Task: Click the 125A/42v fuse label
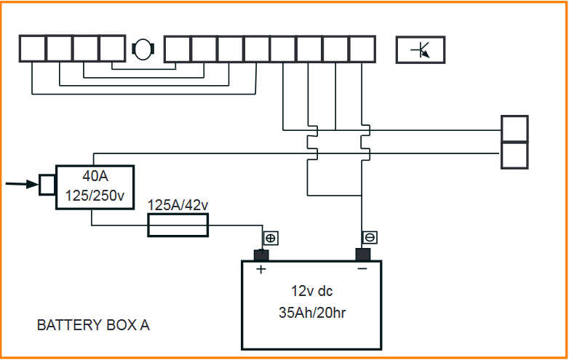point(178,206)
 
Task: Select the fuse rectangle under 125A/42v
point(178,225)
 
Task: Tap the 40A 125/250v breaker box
point(95,188)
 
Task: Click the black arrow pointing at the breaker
point(21,184)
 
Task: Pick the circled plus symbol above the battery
point(270,238)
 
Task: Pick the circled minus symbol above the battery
point(370,238)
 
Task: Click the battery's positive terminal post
point(261,255)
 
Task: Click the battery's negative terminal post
point(362,254)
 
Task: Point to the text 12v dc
point(312,291)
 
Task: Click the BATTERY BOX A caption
point(93,325)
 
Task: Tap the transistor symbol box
point(420,49)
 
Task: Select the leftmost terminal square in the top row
point(32,49)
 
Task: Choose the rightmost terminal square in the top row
point(362,49)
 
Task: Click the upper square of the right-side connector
point(514,129)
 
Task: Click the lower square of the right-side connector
point(514,155)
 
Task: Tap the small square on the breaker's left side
point(48,185)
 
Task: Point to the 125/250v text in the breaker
point(95,196)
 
